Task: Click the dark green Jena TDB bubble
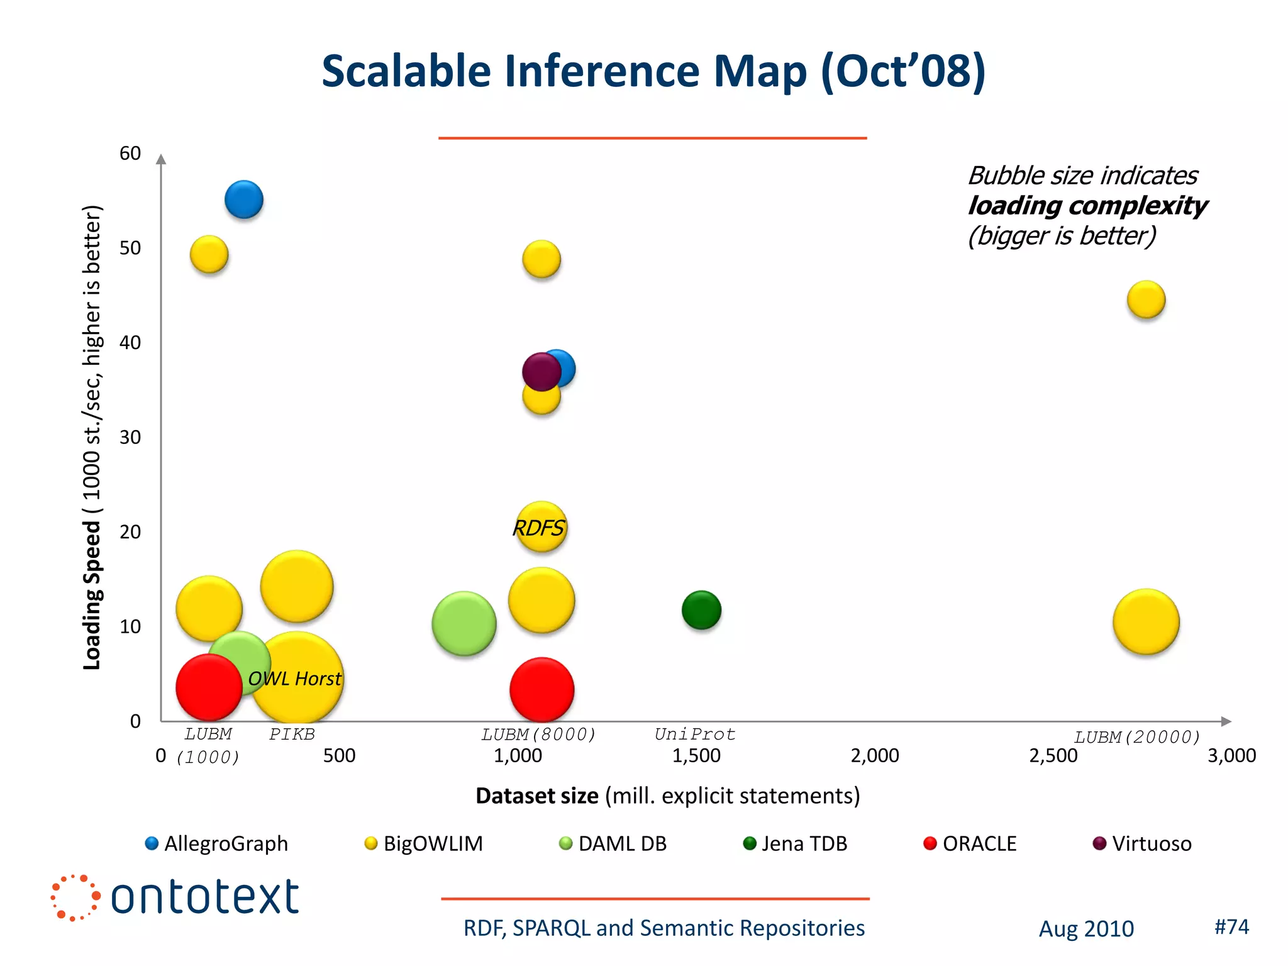tap(701, 610)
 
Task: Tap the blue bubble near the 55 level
tap(244, 200)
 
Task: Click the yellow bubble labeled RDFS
tap(540, 527)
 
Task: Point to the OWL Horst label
tap(294, 679)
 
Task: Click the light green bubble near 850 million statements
tap(464, 624)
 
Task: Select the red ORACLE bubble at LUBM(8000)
tap(541, 690)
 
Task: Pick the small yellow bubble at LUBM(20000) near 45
tap(1146, 300)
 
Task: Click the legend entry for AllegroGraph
tap(217, 843)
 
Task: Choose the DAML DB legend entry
tap(613, 843)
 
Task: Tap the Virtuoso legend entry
tap(1142, 843)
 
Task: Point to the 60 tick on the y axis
tap(130, 153)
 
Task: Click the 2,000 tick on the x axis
tap(874, 755)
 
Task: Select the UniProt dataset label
tap(694, 734)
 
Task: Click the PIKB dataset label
tap(292, 734)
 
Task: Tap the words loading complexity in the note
tap(1087, 206)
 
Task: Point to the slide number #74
tap(1231, 926)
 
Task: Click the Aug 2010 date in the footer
tap(1086, 928)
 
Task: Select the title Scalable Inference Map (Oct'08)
tap(653, 70)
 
